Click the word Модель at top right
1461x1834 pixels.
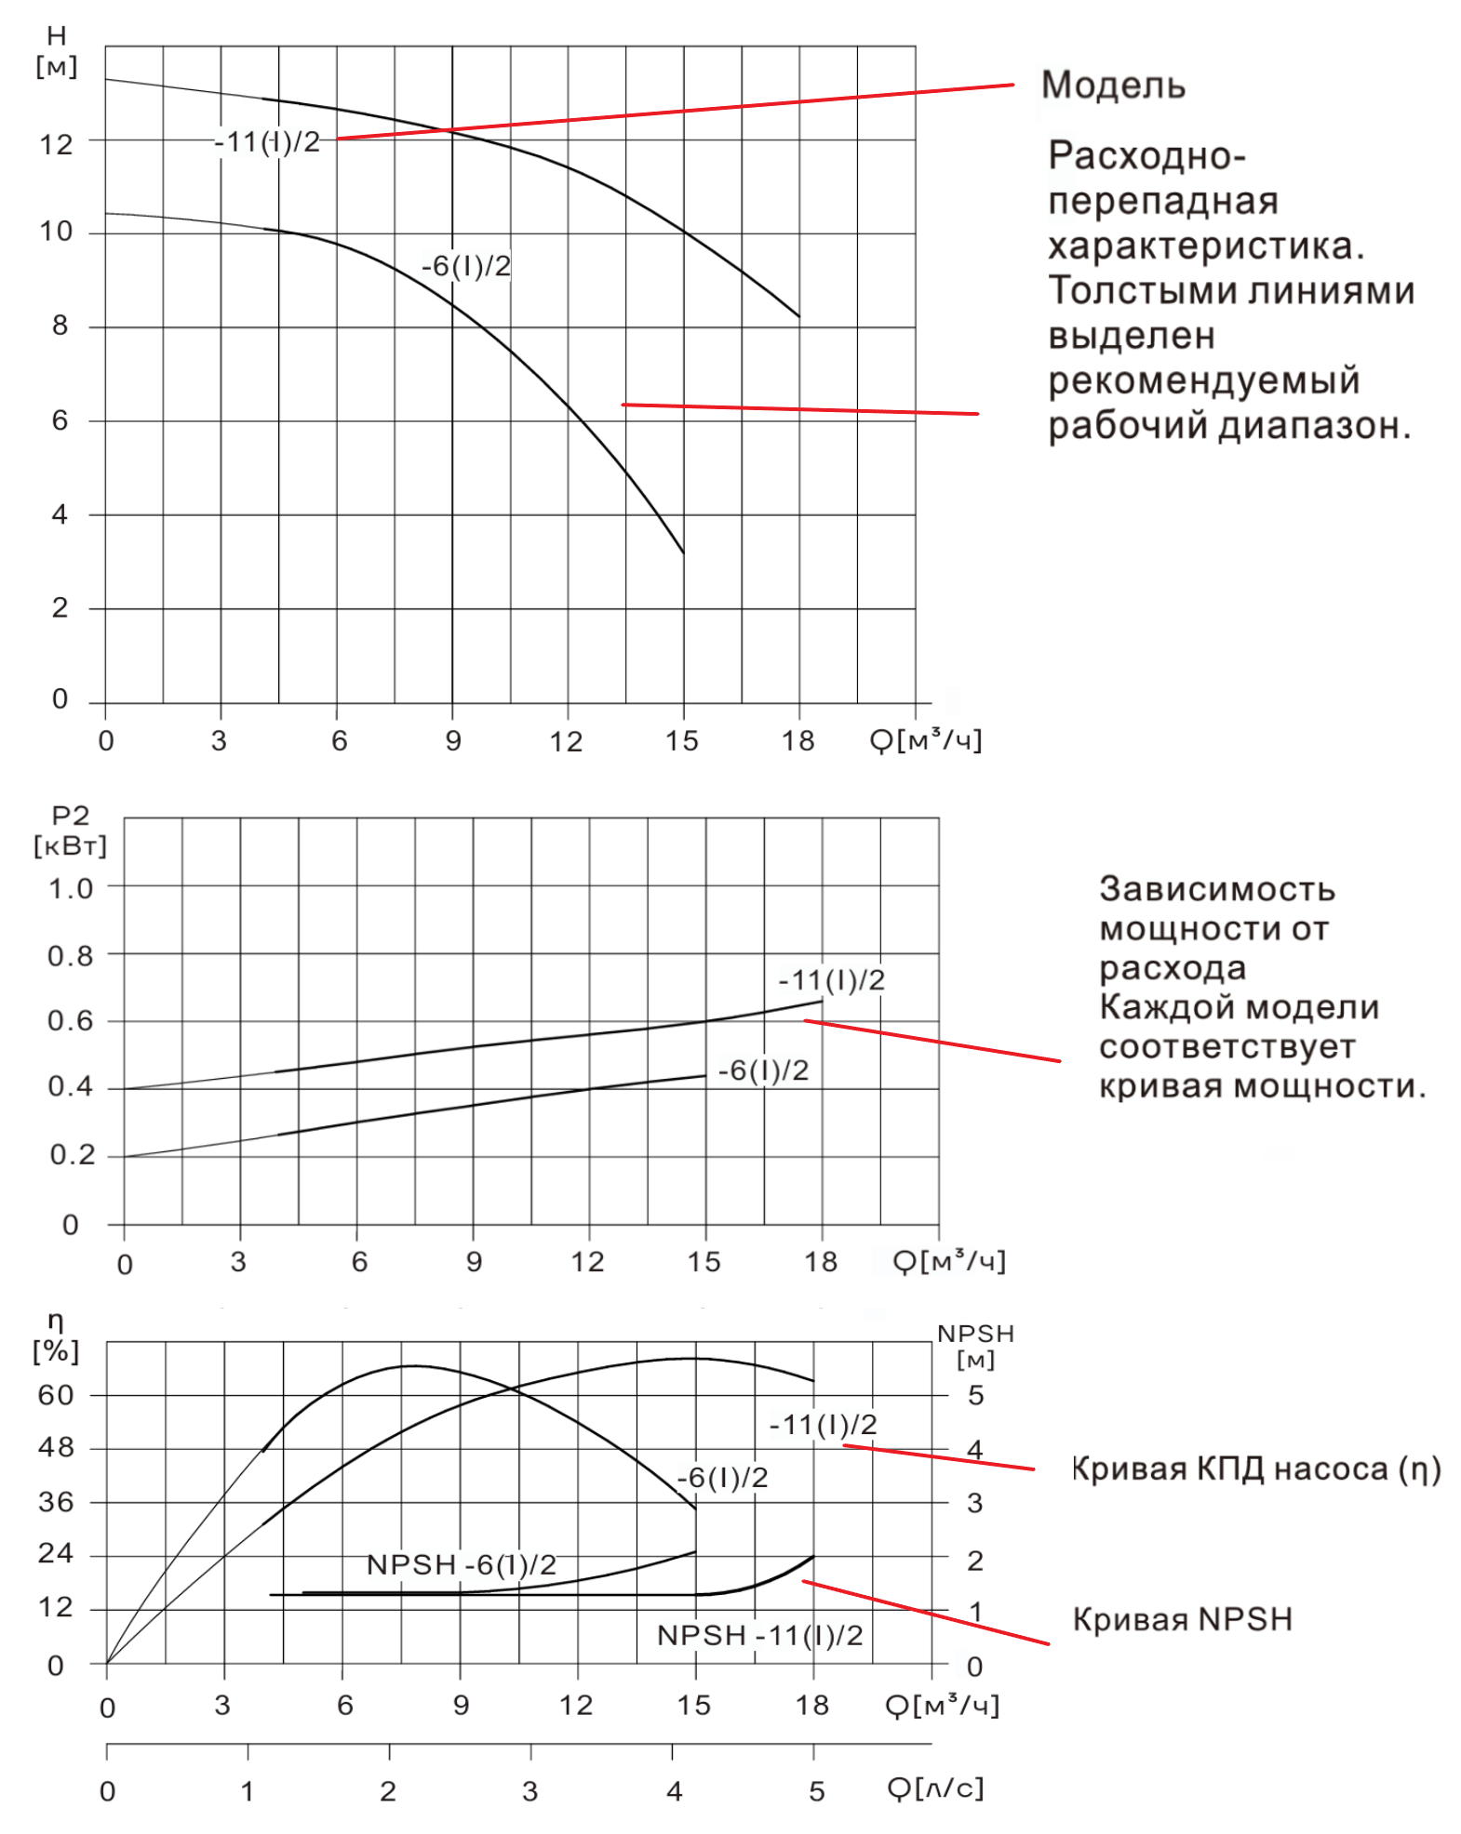click(x=1113, y=86)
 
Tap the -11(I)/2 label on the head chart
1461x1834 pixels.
click(x=268, y=142)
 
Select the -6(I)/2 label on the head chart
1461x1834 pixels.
click(x=466, y=267)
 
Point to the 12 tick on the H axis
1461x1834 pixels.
click(x=56, y=144)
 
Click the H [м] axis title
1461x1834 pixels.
click(x=56, y=52)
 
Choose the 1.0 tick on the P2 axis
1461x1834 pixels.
click(x=71, y=889)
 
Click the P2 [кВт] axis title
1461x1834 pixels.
click(x=70, y=831)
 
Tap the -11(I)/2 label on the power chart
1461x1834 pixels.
click(x=832, y=980)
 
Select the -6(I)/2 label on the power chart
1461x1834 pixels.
click(x=763, y=1070)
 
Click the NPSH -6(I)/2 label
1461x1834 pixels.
click(x=462, y=1565)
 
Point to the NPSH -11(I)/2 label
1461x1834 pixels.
click(x=759, y=1636)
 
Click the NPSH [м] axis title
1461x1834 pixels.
click(x=975, y=1346)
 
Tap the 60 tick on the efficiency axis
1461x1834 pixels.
click(x=56, y=1395)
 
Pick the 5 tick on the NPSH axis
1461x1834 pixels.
click(x=975, y=1395)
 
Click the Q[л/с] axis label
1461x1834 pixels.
click(x=934, y=1788)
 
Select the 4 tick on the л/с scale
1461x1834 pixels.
click(x=674, y=1791)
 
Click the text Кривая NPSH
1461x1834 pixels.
click(x=1182, y=1619)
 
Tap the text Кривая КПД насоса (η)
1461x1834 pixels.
click(x=1255, y=1469)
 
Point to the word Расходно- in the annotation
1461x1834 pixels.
click(x=1146, y=156)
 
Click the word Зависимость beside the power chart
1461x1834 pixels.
click(x=1217, y=889)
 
